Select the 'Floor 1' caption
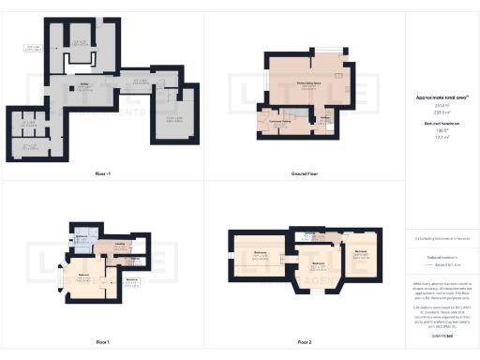click(x=103, y=341)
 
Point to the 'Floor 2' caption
click(x=301, y=341)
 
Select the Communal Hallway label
click(x=277, y=122)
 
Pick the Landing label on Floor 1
click(x=120, y=244)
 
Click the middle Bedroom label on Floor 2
click(x=316, y=264)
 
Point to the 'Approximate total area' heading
click(x=441, y=97)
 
